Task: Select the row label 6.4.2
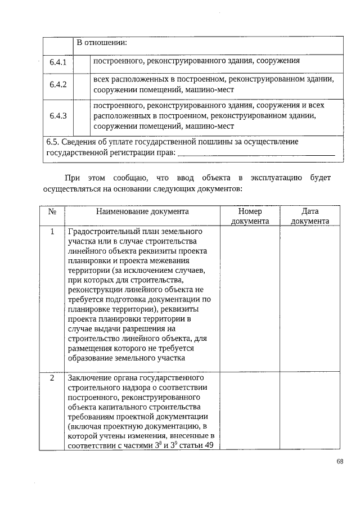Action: pyautogui.click(x=58, y=85)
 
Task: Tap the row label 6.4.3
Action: pyautogui.click(x=58, y=116)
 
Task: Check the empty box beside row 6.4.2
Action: pyautogui.click(x=82, y=85)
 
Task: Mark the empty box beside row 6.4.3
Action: pyautogui.click(x=82, y=116)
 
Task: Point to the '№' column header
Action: pyautogui.click(x=52, y=211)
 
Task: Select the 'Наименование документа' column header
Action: pyautogui.click(x=142, y=211)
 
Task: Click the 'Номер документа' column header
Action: pyautogui.click(x=250, y=216)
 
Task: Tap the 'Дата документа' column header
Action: pyautogui.click(x=310, y=216)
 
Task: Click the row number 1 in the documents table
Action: pyautogui.click(x=52, y=232)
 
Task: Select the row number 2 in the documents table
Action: pyautogui.click(x=52, y=377)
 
